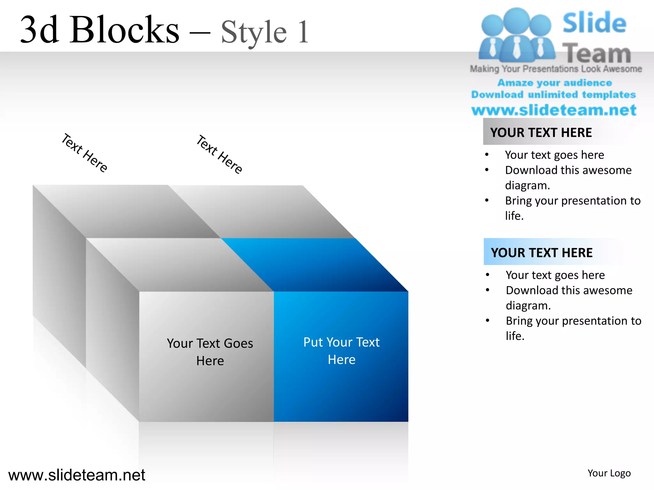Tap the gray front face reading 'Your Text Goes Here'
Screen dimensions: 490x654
210,352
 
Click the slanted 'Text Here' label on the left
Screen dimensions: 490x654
84,153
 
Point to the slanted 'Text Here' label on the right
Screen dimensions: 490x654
219,154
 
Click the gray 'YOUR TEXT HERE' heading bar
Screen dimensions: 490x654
541,132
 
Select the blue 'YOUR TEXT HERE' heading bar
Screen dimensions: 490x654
542,252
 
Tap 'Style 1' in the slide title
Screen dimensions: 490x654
265,32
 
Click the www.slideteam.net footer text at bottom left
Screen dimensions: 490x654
77,475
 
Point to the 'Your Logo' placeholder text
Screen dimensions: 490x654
609,473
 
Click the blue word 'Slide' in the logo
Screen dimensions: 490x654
594,23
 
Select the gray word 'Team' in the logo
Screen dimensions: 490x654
596,53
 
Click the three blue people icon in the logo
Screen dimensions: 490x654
516,35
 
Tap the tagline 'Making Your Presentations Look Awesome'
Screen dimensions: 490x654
556,69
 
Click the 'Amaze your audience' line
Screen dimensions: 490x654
555,83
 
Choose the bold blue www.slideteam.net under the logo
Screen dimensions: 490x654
554,110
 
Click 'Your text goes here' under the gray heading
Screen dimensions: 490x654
554,155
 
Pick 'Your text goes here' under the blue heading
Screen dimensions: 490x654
555,275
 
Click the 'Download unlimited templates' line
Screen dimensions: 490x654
553,95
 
